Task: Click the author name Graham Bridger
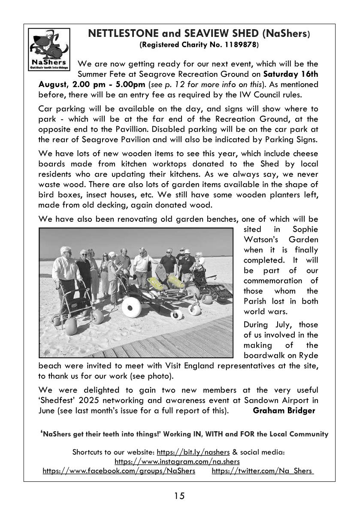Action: point(284,411)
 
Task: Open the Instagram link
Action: point(177,461)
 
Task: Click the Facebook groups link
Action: point(119,471)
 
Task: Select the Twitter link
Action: point(262,471)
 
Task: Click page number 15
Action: point(179,496)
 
